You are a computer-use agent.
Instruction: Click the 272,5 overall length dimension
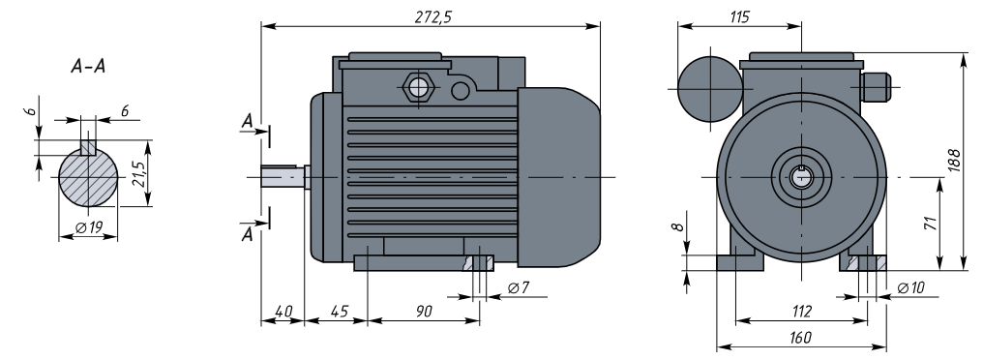coord(432,16)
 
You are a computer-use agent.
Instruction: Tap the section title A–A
coord(88,67)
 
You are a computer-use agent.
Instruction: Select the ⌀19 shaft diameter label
coord(89,227)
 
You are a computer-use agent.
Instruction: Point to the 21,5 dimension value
coord(139,174)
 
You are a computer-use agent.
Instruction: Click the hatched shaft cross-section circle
coord(88,177)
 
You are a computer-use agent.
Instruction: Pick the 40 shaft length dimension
coord(283,311)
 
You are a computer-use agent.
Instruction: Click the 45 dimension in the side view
coord(340,311)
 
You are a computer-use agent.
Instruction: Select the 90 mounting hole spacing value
coord(424,311)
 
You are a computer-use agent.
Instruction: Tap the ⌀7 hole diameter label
coord(520,287)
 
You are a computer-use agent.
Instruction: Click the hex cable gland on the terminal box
coord(416,87)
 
